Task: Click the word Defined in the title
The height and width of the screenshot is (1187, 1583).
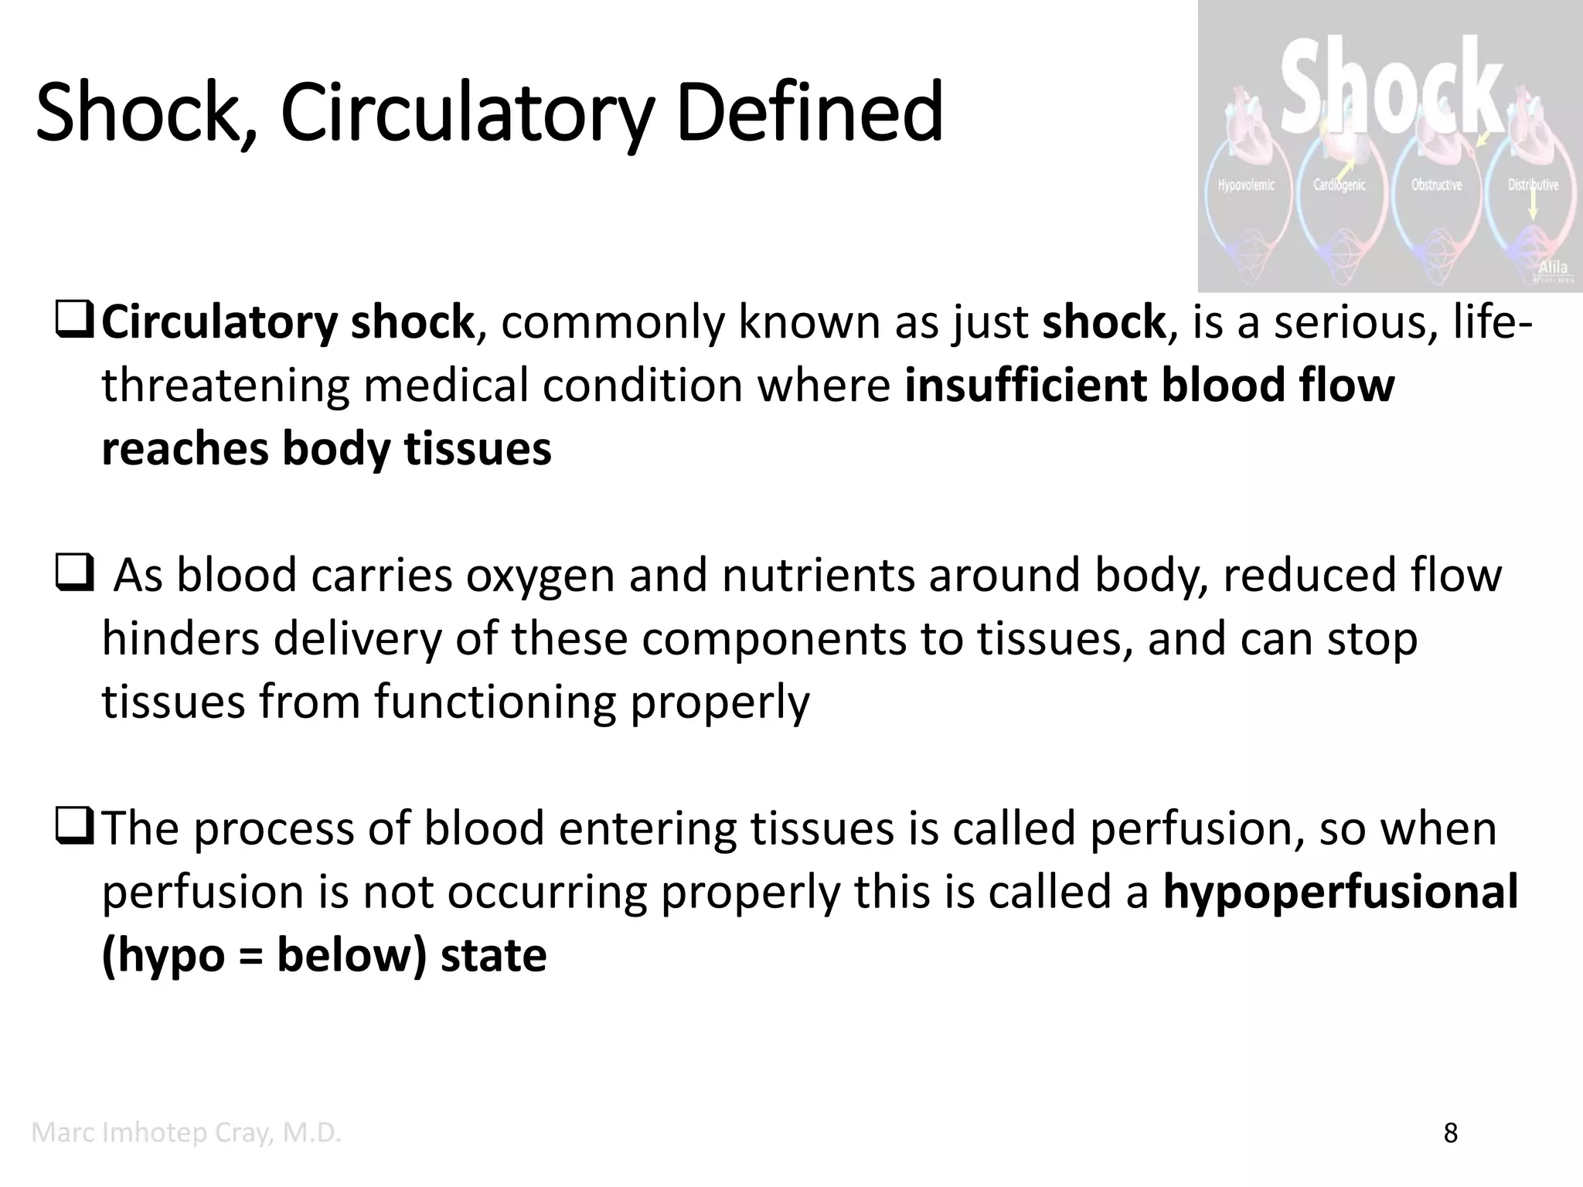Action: (809, 113)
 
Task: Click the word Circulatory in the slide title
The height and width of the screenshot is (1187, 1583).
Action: (467, 113)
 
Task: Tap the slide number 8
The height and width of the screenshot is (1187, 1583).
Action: (1451, 1134)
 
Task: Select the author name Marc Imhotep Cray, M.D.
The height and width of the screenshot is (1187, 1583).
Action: (186, 1133)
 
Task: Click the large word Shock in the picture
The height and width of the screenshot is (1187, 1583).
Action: (1391, 85)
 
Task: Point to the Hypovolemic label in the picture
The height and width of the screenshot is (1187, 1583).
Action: (1246, 185)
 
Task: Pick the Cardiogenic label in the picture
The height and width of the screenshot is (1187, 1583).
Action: (1340, 185)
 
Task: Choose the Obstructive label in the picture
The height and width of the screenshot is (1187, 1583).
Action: (1436, 185)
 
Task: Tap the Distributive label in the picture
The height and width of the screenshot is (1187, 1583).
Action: (1533, 185)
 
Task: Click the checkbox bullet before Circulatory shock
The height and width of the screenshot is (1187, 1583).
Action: (74, 322)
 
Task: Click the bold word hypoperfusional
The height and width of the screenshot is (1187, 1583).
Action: (1340, 893)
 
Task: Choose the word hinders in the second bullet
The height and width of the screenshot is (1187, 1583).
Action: (181, 639)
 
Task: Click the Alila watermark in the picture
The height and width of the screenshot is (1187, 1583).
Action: (1553, 267)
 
